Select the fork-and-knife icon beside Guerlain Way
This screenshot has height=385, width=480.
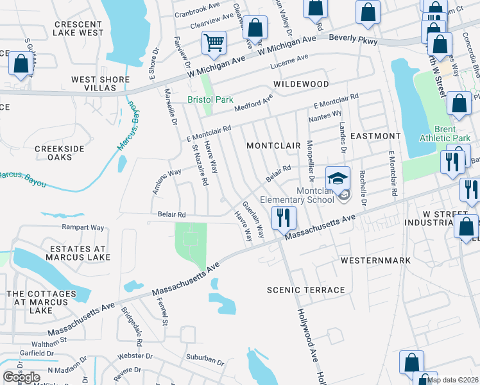click(x=282, y=218)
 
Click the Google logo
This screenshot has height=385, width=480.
click(x=21, y=377)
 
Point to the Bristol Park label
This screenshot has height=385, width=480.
click(x=201, y=99)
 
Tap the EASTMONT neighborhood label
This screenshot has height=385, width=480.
click(x=375, y=136)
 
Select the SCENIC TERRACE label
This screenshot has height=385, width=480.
click(x=306, y=290)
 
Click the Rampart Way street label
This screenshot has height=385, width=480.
click(x=83, y=227)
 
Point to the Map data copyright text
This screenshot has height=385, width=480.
click(x=452, y=380)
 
